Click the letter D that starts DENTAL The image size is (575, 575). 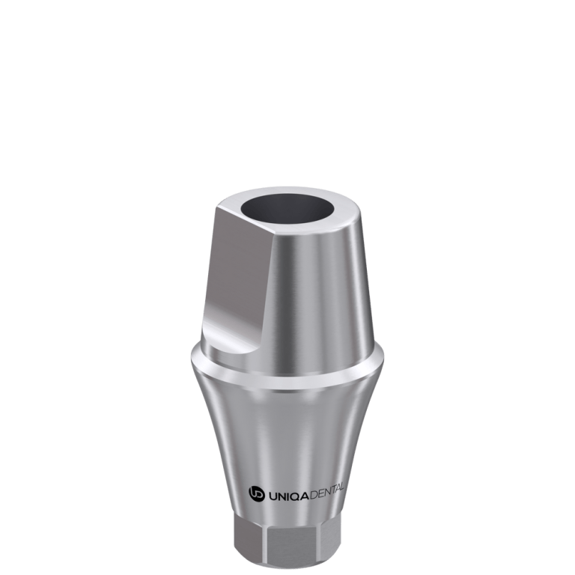point(310,493)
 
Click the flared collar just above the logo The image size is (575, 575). point(292,434)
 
